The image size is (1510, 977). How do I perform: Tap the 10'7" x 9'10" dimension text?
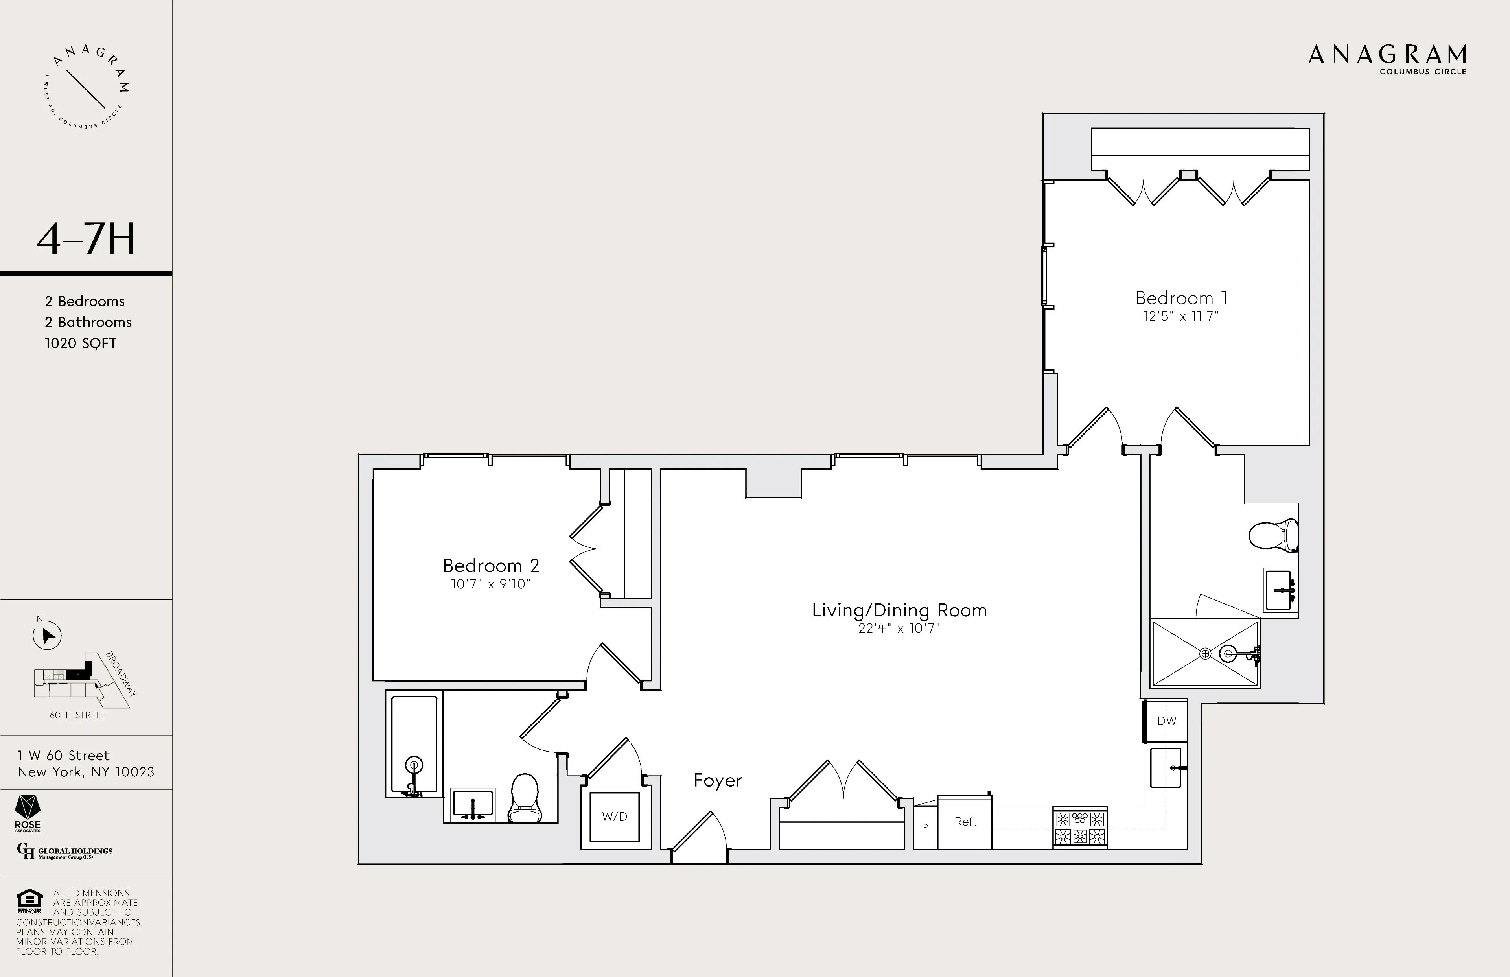coord(490,584)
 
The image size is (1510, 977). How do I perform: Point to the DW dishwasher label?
coord(1166,721)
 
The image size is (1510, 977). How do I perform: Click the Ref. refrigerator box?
coord(965,822)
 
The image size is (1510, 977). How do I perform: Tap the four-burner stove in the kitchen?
coord(1079,828)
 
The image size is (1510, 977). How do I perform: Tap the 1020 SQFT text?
coord(81,343)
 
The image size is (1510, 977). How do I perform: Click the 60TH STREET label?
coord(77,715)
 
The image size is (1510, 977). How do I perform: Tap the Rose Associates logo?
coord(27,813)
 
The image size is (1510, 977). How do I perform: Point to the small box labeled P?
coord(924,827)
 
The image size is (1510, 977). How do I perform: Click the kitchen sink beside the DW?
coord(1166,768)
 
